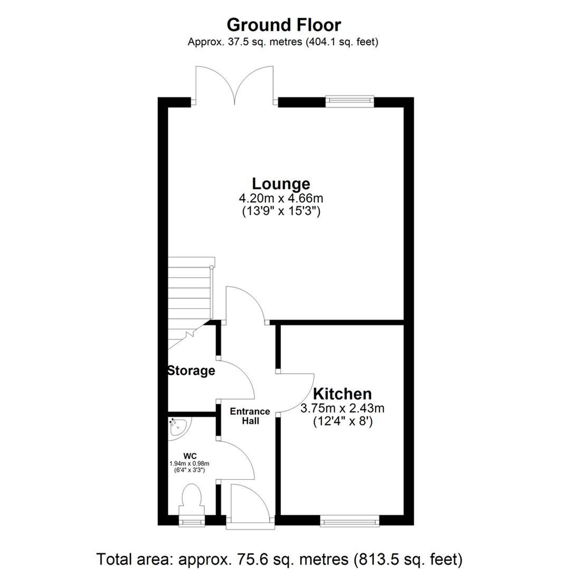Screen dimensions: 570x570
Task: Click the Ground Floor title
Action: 284,25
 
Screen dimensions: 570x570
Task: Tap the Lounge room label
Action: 280,184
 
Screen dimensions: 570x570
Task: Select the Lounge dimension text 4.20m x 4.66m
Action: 280,199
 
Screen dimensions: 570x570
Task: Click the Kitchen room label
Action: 343,394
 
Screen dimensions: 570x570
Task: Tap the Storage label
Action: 191,371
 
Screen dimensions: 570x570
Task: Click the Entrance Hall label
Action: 250,416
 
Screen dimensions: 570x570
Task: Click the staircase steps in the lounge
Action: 190,290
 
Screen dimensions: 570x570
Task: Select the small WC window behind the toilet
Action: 192,522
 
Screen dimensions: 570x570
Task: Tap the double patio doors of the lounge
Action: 234,84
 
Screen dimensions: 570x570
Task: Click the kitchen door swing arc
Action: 301,393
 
